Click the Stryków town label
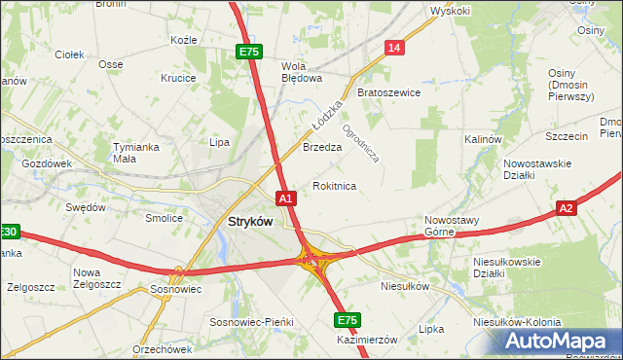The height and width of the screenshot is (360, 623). tap(250, 221)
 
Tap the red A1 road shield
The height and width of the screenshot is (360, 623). tap(285, 198)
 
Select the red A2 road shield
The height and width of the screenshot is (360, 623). tap(568, 207)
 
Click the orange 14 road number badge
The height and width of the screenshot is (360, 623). tap(393, 48)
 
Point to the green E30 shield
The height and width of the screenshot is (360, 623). tap(8, 232)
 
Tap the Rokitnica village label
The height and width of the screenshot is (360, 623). tap(334, 185)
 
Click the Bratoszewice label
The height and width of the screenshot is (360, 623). tap(388, 92)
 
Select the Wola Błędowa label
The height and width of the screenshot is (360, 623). tap(302, 73)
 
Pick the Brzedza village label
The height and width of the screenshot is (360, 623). tap(321, 147)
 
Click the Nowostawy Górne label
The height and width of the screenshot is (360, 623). tap(452, 226)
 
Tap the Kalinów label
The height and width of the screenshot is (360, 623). tap(482, 139)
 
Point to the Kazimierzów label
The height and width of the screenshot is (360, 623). tap(369, 339)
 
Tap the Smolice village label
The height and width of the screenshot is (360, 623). tap(165, 218)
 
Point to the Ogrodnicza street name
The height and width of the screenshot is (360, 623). tap(360, 139)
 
